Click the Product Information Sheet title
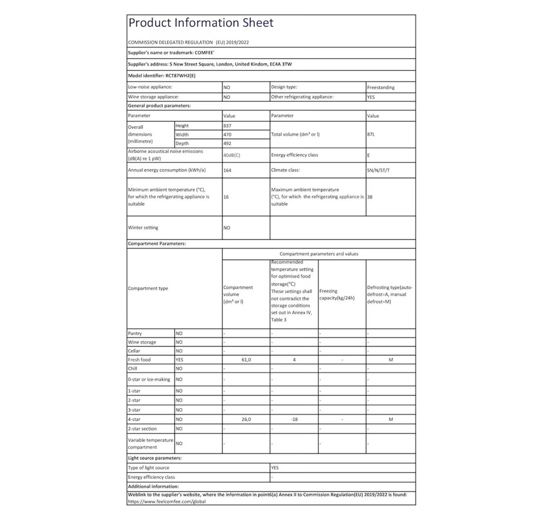coord(201,23)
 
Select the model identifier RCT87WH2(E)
coord(180,76)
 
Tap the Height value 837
coord(227,126)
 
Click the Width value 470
coord(227,135)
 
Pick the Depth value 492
coord(227,143)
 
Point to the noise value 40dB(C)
coord(232,155)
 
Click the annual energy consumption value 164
coord(227,170)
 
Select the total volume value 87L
coord(371,135)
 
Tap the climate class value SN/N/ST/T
coord(378,170)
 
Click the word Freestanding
coord(381,87)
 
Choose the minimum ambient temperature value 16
coord(226,197)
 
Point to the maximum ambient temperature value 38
coord(370,197)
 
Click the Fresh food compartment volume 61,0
coord(246,360)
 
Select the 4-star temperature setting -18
coord(294,419)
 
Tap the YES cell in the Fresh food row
coord(179,360)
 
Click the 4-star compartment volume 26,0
coord(246,419)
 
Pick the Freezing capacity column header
coord(337,294)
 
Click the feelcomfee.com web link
coord(167,502)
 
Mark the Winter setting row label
coord(143,228)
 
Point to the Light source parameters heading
coord(154,458)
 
